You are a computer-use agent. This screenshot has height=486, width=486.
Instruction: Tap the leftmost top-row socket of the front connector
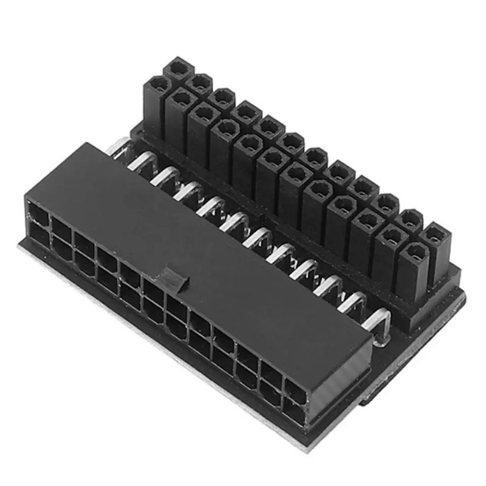tap(38, 214)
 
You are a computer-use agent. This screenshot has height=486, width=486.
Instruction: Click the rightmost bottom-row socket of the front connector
tap(293, 412)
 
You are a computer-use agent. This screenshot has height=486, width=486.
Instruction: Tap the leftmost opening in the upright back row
tap(178, 68)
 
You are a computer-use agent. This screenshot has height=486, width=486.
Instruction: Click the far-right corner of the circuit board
tap(464, 298)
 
